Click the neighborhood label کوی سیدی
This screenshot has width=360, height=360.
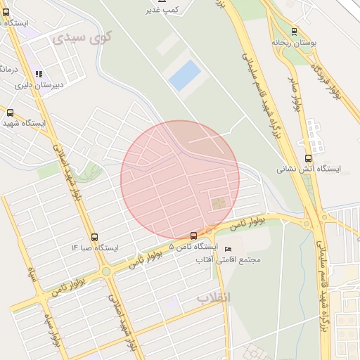tap(82, 38)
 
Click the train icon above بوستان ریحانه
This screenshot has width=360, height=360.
tap(294, 31)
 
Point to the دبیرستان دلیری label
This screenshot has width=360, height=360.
tap(41, 85)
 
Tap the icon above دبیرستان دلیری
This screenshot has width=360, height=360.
tap(39, 73)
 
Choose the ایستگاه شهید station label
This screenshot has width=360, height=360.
tap(24, 123)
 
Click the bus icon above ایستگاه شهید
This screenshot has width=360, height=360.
tap(10, 112)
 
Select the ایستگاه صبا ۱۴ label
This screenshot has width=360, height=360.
tap(95, 248)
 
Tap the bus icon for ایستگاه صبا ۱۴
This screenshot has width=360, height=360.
tap(95, 237)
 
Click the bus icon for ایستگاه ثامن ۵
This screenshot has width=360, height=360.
tap(194, 236)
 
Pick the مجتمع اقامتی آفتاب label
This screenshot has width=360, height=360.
tap(229, 259)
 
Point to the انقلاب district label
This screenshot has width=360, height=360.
tap(212, 299)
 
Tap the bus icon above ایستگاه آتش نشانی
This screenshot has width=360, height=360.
tap(308, 158)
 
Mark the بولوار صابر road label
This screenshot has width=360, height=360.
tap(297, 89)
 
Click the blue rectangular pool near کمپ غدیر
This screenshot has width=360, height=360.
tap(184, 75)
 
